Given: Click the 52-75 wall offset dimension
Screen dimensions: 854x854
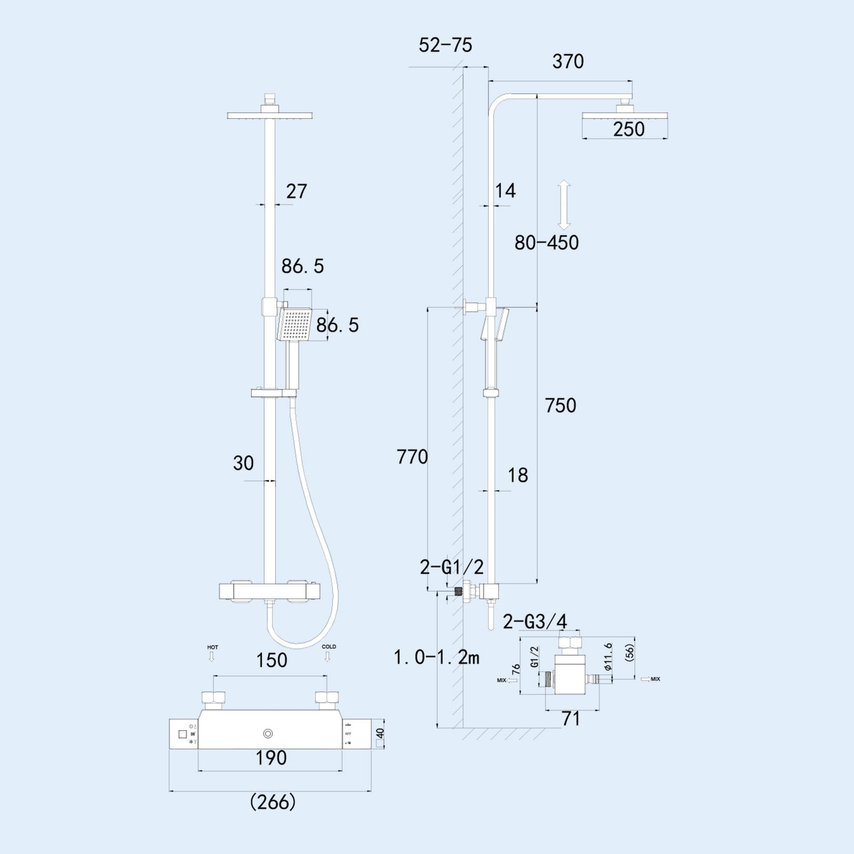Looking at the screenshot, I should (445, 45).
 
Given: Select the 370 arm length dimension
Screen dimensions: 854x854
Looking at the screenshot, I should (567, 62).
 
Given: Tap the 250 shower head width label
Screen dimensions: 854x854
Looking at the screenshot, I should (628, 129).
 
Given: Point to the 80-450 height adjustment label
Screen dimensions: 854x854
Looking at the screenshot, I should (546, 243).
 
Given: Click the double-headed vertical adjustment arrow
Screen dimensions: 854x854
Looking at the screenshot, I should (564, 204).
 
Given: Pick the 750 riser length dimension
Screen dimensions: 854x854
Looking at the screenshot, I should (560, 406).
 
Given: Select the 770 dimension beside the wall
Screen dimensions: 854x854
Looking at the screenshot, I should (412, 457).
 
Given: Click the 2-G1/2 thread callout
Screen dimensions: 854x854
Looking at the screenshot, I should (451, 567).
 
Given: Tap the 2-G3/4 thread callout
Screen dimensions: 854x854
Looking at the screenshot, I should (534, 622).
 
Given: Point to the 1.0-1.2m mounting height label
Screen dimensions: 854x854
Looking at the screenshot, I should (437, 657).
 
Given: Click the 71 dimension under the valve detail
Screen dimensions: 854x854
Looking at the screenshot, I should (571, 719).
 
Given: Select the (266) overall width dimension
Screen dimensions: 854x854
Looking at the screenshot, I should (272, 802).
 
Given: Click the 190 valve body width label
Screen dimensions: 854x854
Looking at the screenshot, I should (271, 758).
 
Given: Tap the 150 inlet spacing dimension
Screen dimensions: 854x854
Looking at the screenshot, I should (271, 661).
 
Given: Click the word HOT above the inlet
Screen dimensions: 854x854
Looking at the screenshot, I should (212, 647).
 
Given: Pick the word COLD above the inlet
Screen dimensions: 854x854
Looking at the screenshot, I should (329, 647).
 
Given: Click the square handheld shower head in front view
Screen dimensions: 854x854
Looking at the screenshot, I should (295, 325).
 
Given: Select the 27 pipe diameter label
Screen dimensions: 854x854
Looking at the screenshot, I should (296, 191).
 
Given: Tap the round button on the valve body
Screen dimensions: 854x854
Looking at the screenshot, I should (268, 734).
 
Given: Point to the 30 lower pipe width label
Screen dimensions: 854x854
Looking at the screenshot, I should (243, 464).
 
